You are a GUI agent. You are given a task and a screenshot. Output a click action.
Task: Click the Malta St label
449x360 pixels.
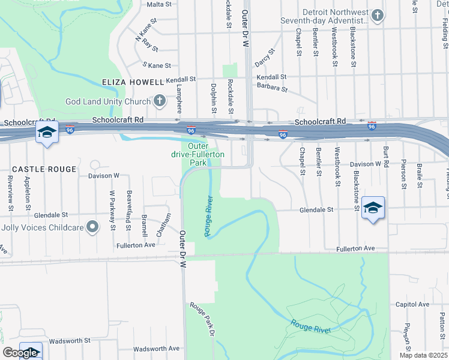point(160,4)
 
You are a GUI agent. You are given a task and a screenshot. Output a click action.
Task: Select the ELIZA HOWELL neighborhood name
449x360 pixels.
point(125,82)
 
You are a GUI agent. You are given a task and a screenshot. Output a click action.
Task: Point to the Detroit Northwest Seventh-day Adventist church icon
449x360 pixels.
point(377,16)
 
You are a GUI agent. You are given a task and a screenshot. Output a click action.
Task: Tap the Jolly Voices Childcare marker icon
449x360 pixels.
point(92,227)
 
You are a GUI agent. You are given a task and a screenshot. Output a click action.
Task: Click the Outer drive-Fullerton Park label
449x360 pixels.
point(197,154)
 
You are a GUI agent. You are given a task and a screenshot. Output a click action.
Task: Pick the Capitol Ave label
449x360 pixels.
point(412,304)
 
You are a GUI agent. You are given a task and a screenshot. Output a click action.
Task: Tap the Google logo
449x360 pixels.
point(20,353)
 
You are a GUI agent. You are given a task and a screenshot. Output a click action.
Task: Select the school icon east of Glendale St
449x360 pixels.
point(373,208)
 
